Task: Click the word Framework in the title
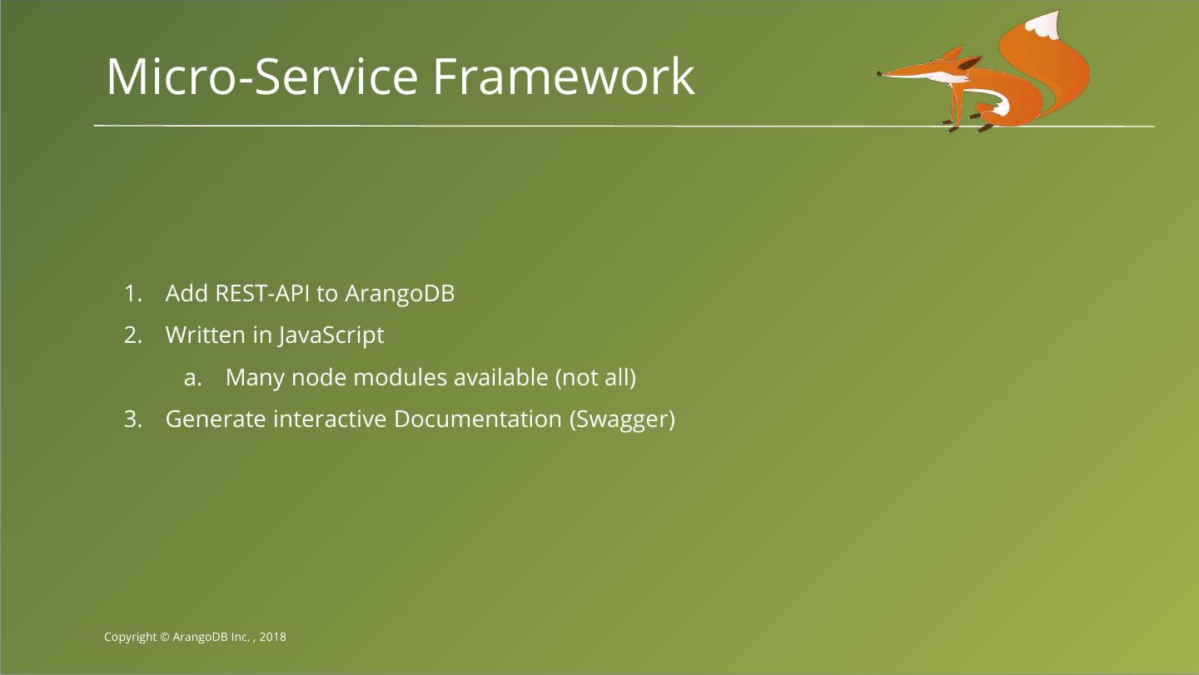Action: pos(564,77)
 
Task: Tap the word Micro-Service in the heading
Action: pos(261,77)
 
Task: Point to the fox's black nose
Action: pos(879,73)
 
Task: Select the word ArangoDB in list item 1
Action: pos(400,294)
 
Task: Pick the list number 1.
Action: pos(132,294)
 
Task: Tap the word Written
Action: pos(206,335)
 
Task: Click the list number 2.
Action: pos(132,335)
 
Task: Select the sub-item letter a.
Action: pos(192,378)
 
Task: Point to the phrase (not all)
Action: pos(596,378)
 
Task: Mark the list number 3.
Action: pos(132,419)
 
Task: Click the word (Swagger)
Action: pos(622,419)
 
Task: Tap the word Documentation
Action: pos(477,419)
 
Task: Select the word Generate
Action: pos(216,419)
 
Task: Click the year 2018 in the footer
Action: pos(273,637)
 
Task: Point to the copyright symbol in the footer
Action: pos(165,637)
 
